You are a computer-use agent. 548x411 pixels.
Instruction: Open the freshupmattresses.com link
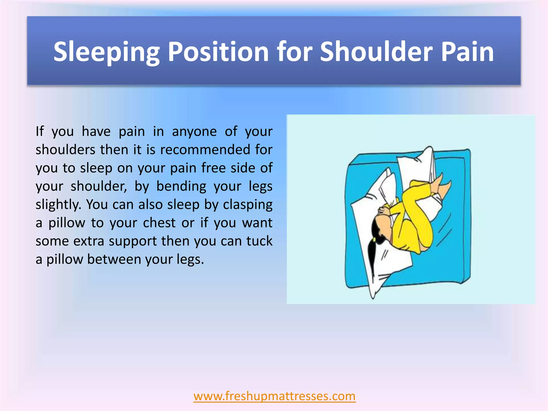coord(275,396)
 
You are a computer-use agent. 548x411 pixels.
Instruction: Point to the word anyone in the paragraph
coord(194,131)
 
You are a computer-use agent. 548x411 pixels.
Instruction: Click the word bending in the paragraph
coord(181,186)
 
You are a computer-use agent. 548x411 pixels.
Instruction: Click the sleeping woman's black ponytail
coord(372,254)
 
